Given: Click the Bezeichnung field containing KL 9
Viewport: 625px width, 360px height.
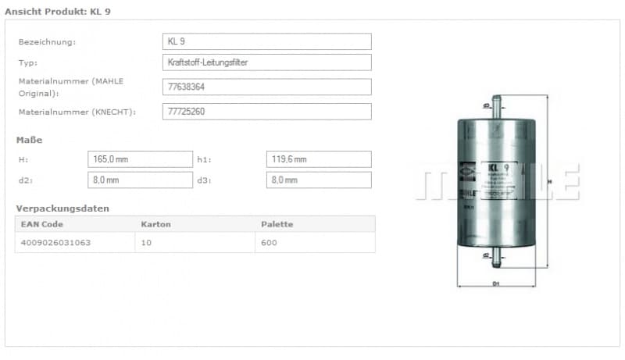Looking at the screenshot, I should pyautogui.click(x=266, y=41).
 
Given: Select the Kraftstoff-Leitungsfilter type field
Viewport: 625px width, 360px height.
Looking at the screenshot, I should pyautogui.click(x=266, y=62).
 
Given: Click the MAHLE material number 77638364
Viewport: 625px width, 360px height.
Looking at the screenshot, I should pyautogui.click(x=266, y=87).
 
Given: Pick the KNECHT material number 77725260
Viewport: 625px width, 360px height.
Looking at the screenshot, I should pyautogui.click(x=266, y=112).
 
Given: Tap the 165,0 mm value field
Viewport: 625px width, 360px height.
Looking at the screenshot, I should pyautogui.click(x=140, y=159).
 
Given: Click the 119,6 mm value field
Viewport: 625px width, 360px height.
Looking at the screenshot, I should pyautogui.click(x=319, y=159).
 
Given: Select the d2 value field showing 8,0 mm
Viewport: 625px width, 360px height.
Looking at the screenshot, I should pyautogui.click(x=140, y=180).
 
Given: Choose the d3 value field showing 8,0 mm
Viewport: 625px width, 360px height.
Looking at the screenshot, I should pyautogui.click(x=319, y=180).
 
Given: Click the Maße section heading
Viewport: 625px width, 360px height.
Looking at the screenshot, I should pyautogui.click(x=29, y=140).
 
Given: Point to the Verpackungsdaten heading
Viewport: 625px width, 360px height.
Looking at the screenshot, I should pyautogui.click(x=62, y=209).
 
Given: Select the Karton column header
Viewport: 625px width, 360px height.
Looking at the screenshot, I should pyautogui.click(x=155, y=224).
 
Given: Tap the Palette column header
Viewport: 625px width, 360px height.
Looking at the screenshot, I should pyautogui.click(x=277, y=224).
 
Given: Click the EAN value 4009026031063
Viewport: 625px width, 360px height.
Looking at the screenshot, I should pyautogui.click(x=55, y=243).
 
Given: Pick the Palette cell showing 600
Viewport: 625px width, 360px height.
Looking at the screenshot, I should pyautogui.click(x=270, y=243).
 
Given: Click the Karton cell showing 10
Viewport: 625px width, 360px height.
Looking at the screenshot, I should pyautogui.click(x=146, y=243).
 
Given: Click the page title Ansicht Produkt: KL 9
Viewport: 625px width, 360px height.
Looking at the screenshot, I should pyautogui.click(x=57, y=11).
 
